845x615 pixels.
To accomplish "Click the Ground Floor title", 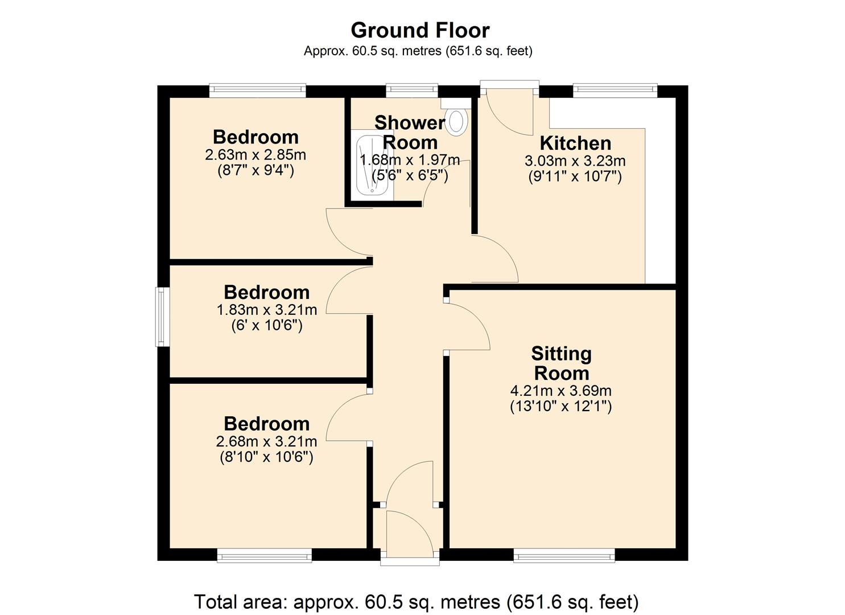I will [x=420, y=30].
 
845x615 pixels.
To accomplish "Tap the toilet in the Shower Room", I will [x=456, y=121].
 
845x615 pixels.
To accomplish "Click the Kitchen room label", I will [x=575, y=143].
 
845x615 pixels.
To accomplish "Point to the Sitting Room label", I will [x=561, y=363].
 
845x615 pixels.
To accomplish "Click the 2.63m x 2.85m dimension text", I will [x=255, y=155].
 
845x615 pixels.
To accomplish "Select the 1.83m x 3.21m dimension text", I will [x=266, y=310].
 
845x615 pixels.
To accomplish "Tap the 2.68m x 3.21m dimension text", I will [x=266, y=441].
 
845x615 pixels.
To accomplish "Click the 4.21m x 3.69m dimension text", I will [x=561, y=391].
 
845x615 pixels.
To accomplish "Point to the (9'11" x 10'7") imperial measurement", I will [x=575, y=176].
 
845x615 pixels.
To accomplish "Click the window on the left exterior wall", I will [x=163, y=317].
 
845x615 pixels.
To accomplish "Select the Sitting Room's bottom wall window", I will [x=564, y=555].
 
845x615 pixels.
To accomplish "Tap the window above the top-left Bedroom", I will [x=257, y=91].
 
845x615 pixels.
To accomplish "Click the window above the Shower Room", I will [x=412, y=91].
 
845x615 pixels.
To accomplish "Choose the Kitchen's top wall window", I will [x=615, y=91].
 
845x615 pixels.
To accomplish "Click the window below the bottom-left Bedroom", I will [x=265, y=555].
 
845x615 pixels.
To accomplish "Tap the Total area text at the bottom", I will [x=417, y=601].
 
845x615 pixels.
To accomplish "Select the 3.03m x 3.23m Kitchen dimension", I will [x=575, y=161].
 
